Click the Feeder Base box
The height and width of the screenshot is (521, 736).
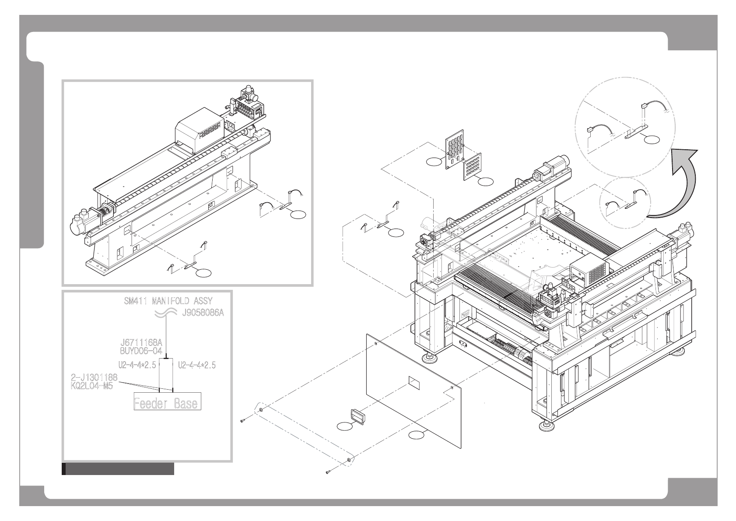167,403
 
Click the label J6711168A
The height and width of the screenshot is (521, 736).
141,343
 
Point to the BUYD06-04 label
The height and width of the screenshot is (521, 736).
141,351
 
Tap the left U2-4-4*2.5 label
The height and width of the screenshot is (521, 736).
137,365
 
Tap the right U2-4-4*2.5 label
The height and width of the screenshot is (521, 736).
197,365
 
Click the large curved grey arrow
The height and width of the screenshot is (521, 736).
676,184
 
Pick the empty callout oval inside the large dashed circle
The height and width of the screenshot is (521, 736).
652,140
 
